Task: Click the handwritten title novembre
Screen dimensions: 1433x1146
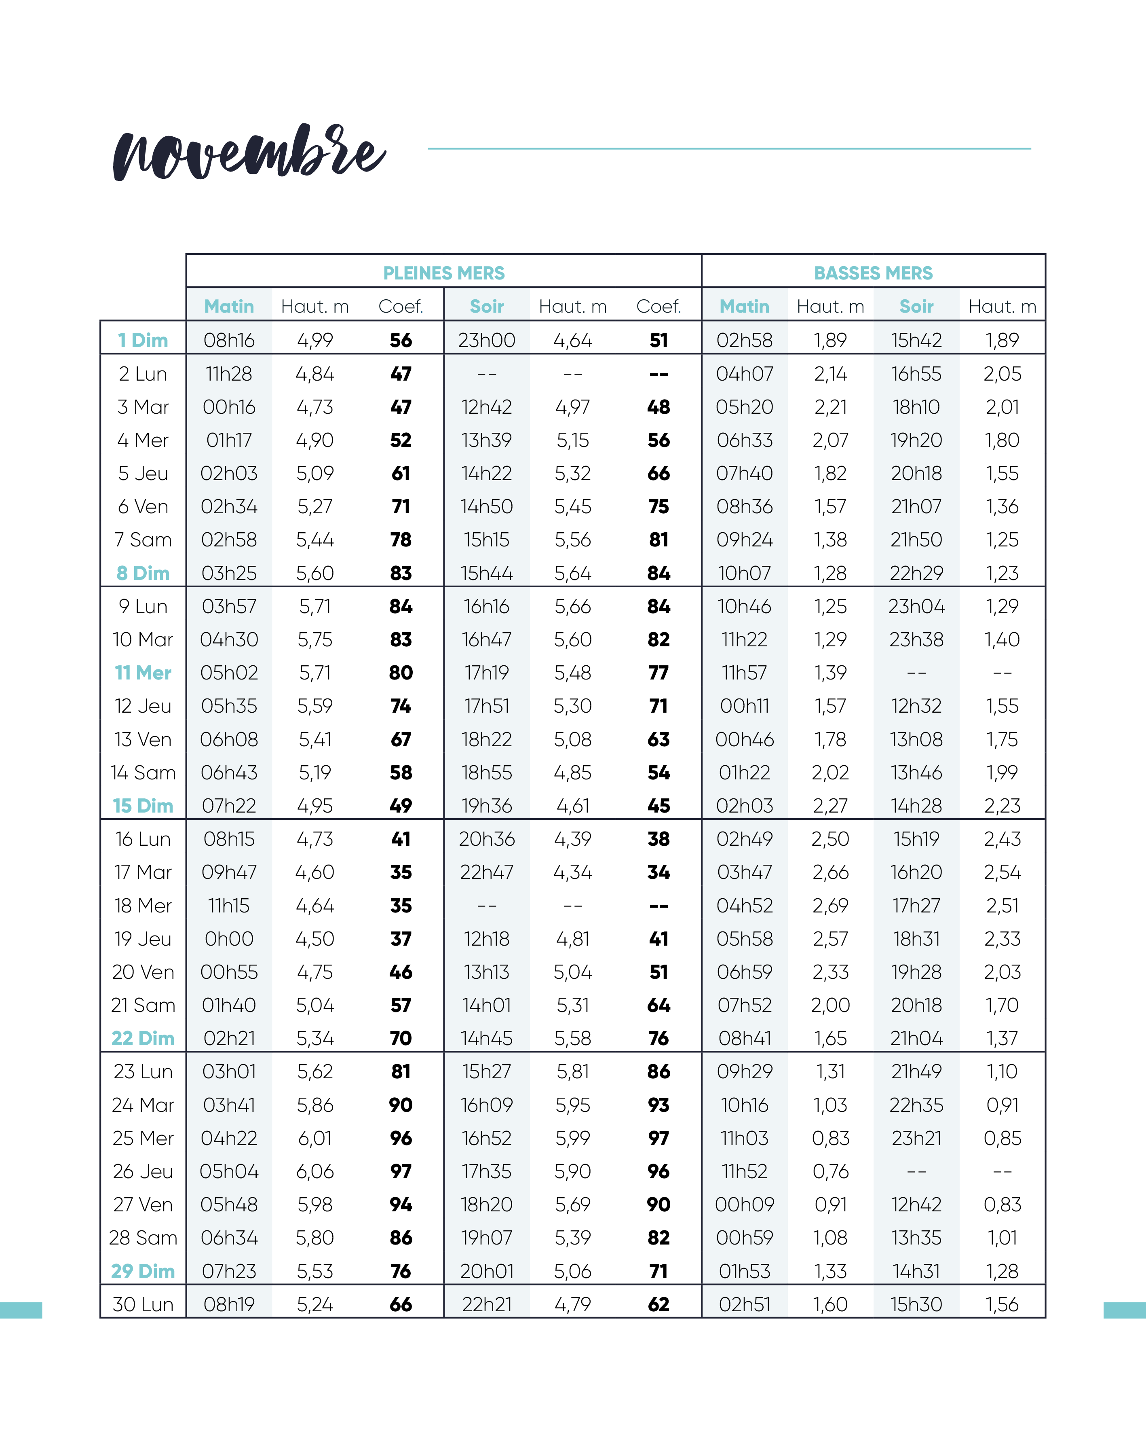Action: [x=249, y=153]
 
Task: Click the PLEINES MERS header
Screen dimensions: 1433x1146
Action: [x=444, y=273]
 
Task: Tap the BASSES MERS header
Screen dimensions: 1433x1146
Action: [x=873, y=273]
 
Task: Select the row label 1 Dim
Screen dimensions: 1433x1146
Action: [x=143, y=340]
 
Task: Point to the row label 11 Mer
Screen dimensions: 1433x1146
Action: [x=143, y=673]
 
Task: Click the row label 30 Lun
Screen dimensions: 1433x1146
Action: [x=143, y=1304]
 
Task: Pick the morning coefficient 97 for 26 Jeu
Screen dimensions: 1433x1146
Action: [x=401, y=1171]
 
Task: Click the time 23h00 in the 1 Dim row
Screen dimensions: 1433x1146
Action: [x=486, y=340]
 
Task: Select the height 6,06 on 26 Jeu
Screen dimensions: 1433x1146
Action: [x=315, y=1171]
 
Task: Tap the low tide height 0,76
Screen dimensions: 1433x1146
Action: [x=830, y=1171]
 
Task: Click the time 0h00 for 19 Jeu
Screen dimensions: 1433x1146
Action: [x=229, y=938]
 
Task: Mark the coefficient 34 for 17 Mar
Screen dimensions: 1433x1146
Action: [x=658, y=872]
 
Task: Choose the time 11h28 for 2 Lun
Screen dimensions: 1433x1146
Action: [x=229, y=374]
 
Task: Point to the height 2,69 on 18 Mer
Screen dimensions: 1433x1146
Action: [x=830, y=905]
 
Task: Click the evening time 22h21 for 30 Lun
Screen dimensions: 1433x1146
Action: [x=486, y=1304]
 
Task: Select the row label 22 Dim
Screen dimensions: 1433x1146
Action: [x=143, y=1038]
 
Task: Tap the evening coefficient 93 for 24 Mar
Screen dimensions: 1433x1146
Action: [x=658, y=1105]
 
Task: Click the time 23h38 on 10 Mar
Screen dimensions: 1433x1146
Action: [x=916, y=639]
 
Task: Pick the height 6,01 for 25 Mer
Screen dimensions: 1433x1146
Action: [x=315, y=1138]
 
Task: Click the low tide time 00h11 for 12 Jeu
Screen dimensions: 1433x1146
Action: [x=744, y=706]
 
